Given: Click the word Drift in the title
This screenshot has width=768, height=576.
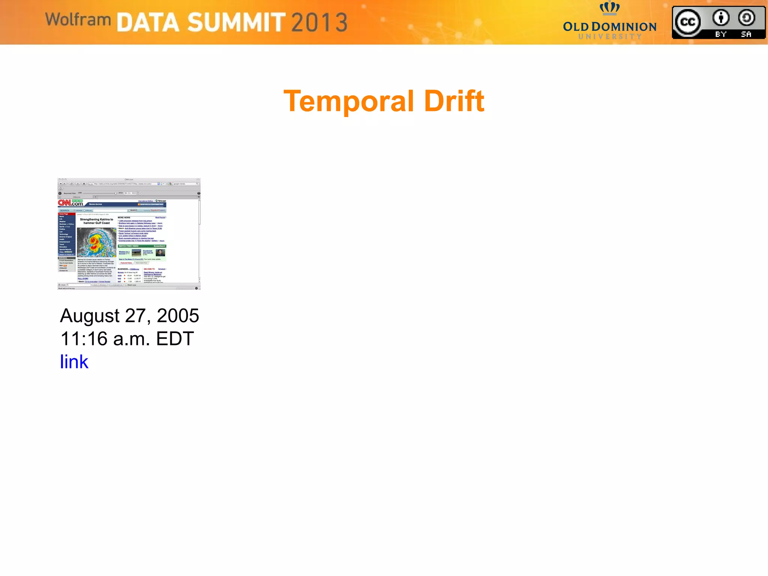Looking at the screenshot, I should [454, 101].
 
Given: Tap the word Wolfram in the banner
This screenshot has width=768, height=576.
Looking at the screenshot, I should [78, 19].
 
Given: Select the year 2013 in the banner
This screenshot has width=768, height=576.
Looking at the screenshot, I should [319, 22].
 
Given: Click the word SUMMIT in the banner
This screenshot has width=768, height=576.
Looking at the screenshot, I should [236, 22].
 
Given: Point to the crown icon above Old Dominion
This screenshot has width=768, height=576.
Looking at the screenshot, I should [609, 7].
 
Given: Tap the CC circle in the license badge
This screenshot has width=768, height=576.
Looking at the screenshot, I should [688, 22].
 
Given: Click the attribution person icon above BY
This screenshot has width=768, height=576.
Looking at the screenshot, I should [721, 18].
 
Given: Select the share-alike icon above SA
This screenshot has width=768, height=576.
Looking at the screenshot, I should [746, 18].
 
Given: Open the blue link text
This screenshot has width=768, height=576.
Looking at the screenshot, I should [74, 362].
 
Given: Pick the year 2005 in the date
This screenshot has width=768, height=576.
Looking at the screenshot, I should [178, 316].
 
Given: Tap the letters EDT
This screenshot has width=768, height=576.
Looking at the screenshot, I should [175, 339].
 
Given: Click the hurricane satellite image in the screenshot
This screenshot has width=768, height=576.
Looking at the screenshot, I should [96, 242].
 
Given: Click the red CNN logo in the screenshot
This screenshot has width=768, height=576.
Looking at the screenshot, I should [64, 203].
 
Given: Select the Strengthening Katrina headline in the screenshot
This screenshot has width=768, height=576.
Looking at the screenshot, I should [96, 221].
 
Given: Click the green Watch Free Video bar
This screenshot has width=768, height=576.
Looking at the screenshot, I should [142, 246].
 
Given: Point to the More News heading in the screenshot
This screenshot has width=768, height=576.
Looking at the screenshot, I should [124, 217].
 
